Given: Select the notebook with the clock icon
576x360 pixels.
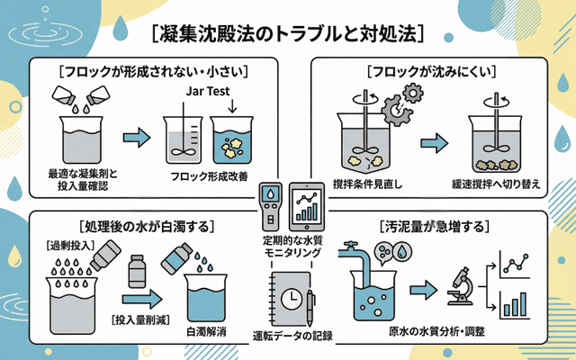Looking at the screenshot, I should [x=290, y=299].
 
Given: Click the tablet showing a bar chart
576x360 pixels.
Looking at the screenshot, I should [x=307, y=205].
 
